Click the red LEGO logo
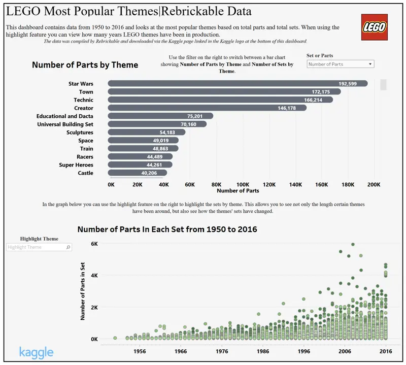374,27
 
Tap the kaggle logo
36,352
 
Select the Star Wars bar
238,84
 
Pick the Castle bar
137,173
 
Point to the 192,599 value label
348,84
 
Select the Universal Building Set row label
65,124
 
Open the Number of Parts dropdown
341,64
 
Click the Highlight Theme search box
39,247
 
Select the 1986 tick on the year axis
263,351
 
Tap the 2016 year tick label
386,351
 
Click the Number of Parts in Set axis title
82,291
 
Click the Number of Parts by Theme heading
85,65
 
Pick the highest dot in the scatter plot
353,244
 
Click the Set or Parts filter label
320,55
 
